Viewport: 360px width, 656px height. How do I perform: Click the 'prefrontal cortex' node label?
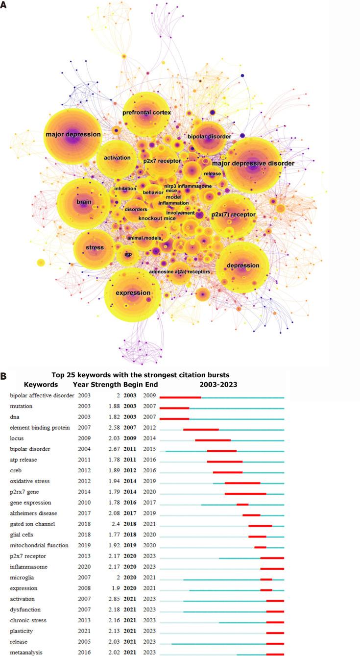coord(146,113)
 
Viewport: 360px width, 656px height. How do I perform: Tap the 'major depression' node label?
coord(73,134)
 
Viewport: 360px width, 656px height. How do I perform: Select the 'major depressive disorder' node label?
coord(253,163)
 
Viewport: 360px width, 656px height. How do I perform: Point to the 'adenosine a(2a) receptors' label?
coord(179,271)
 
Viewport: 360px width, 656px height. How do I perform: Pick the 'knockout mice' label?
coord(157,218)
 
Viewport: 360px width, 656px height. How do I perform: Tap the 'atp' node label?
coord(128,254)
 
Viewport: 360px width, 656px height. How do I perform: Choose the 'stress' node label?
coord(95,247)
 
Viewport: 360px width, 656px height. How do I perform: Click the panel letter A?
coord(4,8)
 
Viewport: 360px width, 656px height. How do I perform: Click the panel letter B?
coord(4,377)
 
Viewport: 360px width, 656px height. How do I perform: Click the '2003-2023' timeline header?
coord(221,385)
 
